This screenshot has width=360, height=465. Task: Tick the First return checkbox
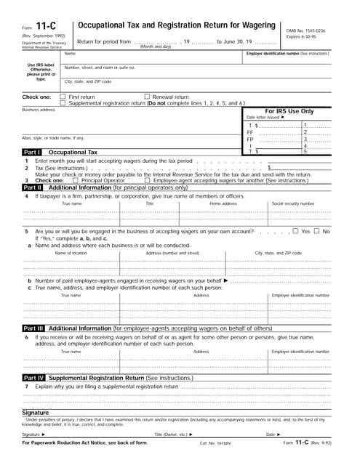click(x=63, y=97)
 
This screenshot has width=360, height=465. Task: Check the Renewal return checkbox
click(x=146, y=97)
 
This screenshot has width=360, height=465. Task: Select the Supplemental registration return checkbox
click(x=63, y=102)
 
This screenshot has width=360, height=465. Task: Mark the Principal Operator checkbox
click(x=76, y=180)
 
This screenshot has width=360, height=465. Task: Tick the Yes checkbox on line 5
click(x=295, y=231)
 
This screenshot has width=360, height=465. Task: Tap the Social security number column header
click(x=293, y=204)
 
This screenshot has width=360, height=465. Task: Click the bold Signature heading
click(x=36, y=412)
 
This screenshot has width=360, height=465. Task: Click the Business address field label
click(x=39, y=110)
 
